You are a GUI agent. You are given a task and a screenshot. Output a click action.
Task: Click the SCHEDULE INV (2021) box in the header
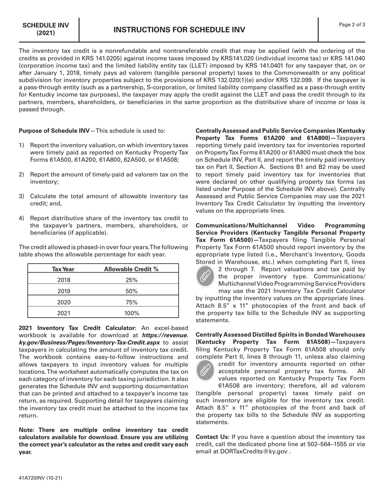pos(45,29)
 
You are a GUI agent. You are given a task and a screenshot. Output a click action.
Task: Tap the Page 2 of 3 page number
pos(352,25)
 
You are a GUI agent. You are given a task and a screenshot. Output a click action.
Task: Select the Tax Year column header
pos(63,269)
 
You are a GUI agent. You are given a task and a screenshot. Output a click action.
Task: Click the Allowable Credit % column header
pos(131,269)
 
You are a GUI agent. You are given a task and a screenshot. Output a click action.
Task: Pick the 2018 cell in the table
pos(63,280)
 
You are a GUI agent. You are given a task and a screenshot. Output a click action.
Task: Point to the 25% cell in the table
pos(131,280)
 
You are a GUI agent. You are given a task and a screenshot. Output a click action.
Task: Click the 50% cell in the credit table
pos(131,291)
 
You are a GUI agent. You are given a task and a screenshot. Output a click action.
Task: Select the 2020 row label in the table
pos(63,302)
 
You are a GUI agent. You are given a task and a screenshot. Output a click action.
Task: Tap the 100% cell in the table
pos(131,313)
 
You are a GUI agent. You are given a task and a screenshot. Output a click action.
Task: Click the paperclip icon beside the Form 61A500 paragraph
pos(205,275)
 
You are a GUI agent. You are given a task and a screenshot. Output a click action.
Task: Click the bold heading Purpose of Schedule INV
pos(54,131)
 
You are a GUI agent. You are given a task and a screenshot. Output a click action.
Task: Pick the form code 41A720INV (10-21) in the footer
pos(40,478)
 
